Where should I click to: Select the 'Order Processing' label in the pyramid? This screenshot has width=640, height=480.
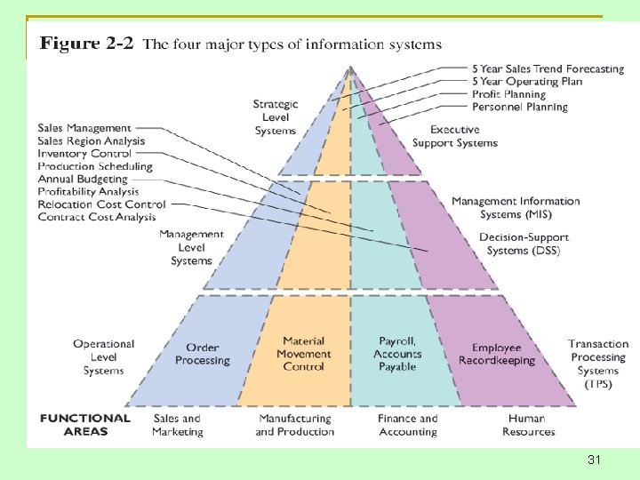(202, 354)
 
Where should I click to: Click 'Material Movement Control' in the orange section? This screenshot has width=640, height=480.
(303, 353)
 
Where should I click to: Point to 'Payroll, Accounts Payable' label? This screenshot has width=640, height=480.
(397, 353)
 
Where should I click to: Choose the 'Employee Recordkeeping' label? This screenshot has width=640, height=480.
(497, 354)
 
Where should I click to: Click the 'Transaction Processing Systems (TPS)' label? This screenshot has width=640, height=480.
(598, 364)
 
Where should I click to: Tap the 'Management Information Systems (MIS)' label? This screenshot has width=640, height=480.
(516, 208)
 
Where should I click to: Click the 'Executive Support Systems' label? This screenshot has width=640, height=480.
(455, 136)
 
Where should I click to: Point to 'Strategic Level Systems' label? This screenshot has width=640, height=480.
(276, 117)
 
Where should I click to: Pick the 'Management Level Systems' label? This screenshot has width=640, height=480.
(191, 247)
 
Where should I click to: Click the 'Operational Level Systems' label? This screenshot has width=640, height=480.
(104, 356)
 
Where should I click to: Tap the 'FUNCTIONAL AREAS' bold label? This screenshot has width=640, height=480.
(85, 424)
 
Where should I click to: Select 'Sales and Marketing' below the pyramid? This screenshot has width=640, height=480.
(178, 425)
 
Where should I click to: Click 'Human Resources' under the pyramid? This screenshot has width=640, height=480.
(528, 425)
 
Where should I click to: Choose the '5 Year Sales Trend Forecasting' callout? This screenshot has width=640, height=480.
(548, 68)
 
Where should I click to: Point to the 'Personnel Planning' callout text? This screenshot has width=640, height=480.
(520, 107)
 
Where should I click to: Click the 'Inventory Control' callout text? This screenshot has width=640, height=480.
(84, 154)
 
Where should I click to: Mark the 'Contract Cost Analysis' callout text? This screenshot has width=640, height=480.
(97, 217)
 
